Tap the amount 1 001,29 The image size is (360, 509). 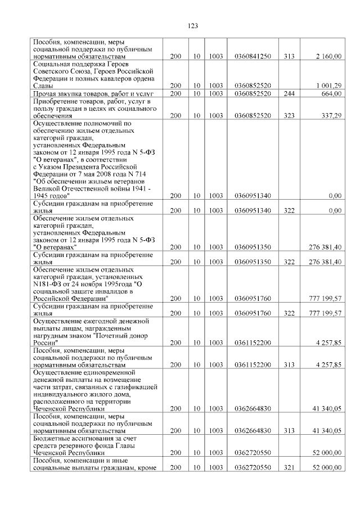click(329, 85)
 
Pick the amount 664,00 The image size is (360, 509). click(332, 93)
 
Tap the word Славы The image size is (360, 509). click(43, 85)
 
